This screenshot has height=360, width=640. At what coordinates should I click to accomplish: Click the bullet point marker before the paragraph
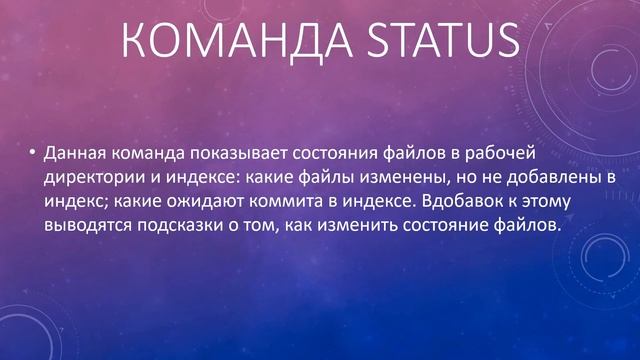point(31,154)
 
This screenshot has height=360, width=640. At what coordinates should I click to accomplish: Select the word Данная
point(71,154)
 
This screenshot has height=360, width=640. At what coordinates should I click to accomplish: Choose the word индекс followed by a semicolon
point(71,202)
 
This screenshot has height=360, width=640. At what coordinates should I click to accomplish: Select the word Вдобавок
point(459,202)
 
